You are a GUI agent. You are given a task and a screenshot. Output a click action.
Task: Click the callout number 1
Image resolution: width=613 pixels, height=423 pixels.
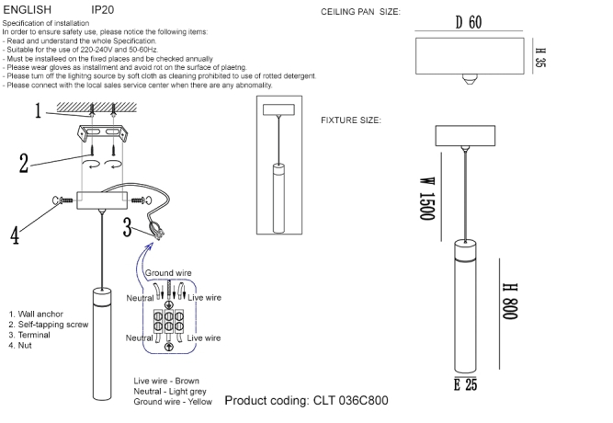(39, 112)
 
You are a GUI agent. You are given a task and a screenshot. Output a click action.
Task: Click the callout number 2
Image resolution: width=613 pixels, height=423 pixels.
(26, 163)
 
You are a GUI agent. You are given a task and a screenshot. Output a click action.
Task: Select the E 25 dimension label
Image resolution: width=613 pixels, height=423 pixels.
(465, 384)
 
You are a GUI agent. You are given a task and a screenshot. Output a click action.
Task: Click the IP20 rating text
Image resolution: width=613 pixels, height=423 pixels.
(103, 7)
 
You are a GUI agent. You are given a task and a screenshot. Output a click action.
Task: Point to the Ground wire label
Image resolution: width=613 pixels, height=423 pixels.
(168, 273)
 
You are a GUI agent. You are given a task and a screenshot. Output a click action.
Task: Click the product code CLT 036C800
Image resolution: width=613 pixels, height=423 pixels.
(306, 401)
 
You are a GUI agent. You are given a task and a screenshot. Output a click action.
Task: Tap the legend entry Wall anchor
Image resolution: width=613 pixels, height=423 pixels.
(36, 314)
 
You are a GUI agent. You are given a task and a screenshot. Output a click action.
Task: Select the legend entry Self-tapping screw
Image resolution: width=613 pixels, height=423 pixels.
(48, 325)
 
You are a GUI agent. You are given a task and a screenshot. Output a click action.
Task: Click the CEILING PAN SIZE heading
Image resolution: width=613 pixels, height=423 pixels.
(361, 13)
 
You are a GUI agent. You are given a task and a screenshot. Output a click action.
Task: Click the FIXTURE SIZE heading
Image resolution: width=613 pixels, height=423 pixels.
(351, 120)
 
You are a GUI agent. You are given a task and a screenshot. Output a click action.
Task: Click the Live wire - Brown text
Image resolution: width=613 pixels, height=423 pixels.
(166, 381)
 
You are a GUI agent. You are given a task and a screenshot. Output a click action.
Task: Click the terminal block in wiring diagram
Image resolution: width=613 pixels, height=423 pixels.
(168, 324)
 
